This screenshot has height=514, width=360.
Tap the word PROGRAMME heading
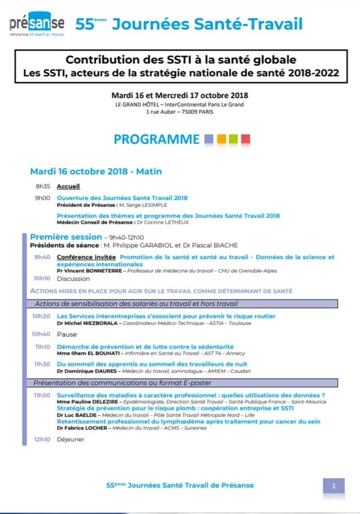(x=156, y=139)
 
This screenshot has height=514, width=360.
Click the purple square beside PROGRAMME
(x=209, y=139)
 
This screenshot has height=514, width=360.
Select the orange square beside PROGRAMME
(x=221, y=139)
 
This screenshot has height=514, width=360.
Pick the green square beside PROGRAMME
(x=234, y=139)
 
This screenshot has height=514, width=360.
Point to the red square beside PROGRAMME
(x=245, y=139)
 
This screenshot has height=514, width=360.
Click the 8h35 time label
(x=42, y=187)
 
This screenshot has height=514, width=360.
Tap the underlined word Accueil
(x=68, y=187)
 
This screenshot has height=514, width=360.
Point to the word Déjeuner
(x=71, y=439)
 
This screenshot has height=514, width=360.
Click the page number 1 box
(x=334, y=486)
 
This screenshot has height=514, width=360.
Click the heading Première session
(x=66, y=237)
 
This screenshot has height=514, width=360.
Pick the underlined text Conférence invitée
(x=87, y=257)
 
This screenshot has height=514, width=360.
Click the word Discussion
(x=73, y=278)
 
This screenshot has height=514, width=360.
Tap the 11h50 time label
(x=42, y=395)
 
